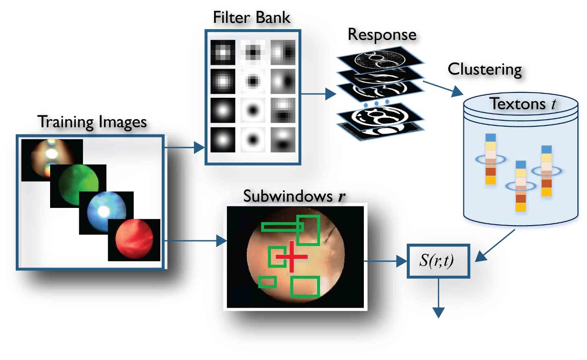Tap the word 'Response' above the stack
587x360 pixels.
[x=382, y=34]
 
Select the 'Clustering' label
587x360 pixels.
[x=485, y=70]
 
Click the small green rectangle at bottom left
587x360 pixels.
[x=267, y=282]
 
